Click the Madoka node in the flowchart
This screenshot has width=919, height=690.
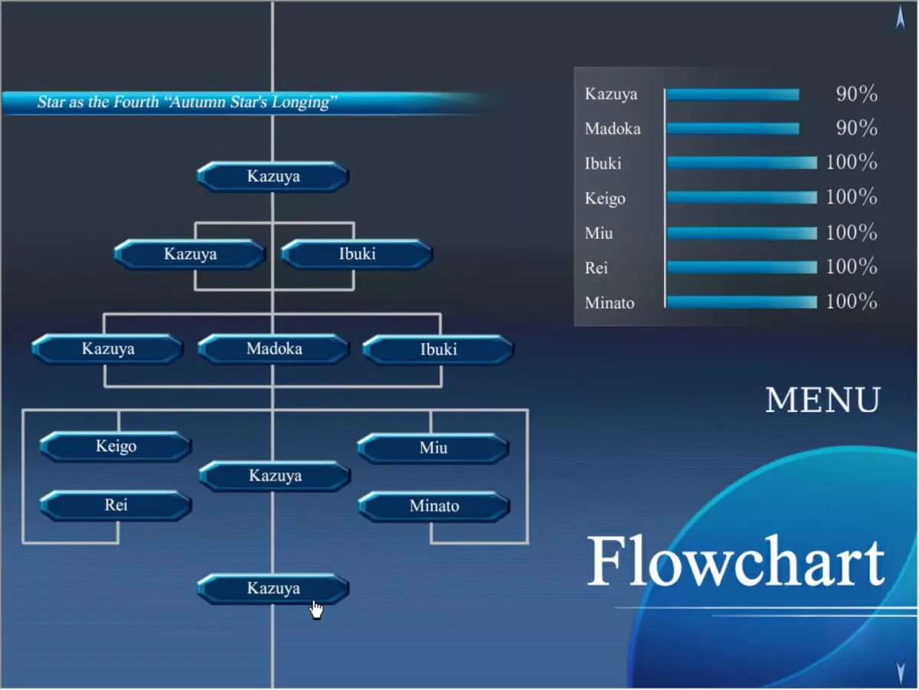[x=274, y=348]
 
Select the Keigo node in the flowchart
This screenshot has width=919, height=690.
[x=116, y=446]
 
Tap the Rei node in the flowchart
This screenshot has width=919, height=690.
[x=116, y=505]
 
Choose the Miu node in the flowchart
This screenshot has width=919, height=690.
[x=433, y=449]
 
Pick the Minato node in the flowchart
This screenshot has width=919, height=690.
[x=434, y=507]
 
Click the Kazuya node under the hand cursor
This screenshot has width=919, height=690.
[x=273, y=589]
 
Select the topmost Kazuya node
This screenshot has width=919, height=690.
[x=273, y=176]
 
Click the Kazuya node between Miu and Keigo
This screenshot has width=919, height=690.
[x=275, y=476]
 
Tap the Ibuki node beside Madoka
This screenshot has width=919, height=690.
[x=438, y=350]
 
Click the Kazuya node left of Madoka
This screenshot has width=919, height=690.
[x=108, y=348]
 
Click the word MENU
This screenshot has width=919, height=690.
[x=823, y=401]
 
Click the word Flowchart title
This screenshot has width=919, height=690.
[x=736, y=561]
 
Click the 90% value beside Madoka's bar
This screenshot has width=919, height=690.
[x=857, y=128]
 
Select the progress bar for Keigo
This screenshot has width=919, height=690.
[x=742, y=198]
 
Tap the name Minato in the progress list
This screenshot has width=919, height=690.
[x=610, y=302]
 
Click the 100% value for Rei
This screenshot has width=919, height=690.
[x=852, y=267]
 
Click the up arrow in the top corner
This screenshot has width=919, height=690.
[x=901, y=17]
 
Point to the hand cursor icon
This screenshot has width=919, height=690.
[x=316, y=610]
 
